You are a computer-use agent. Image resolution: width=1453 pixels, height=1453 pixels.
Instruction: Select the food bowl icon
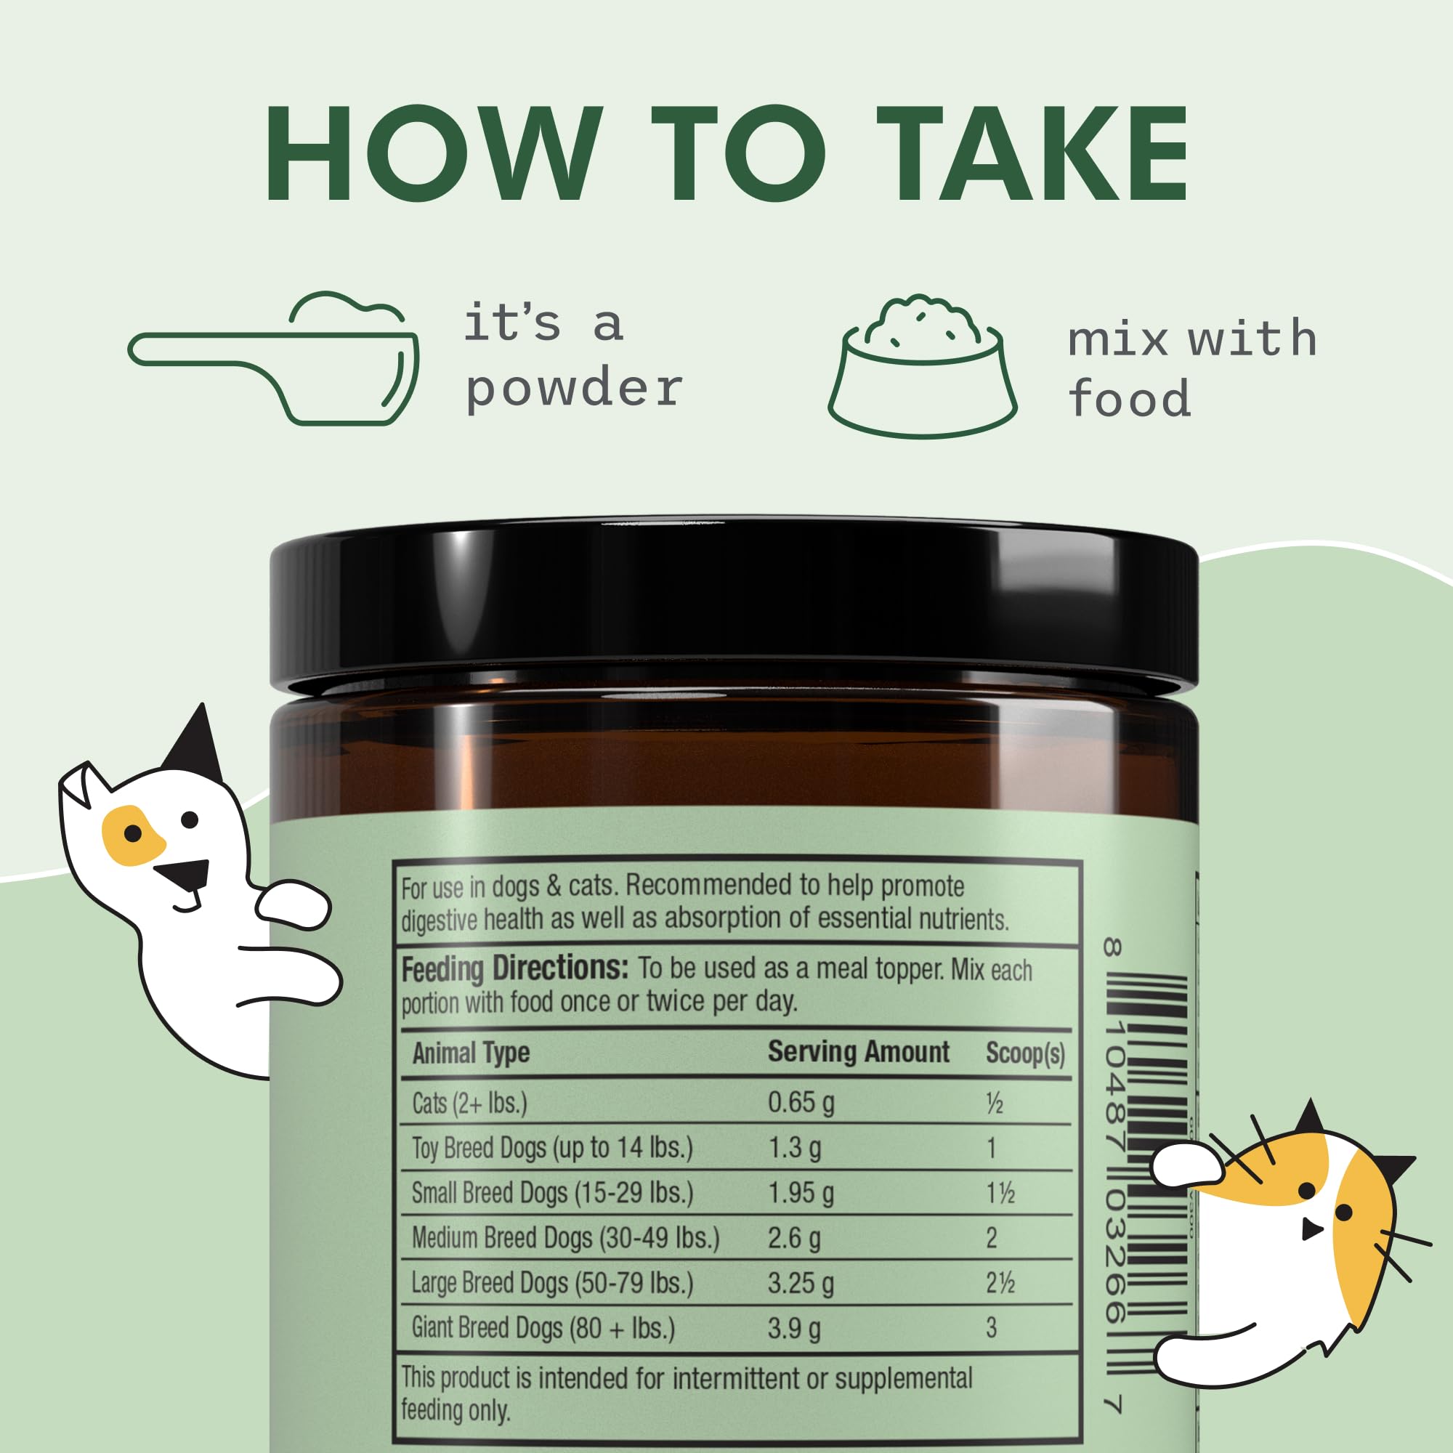click(922, 368)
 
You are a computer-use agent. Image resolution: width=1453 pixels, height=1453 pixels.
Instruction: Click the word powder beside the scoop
click(573, 389)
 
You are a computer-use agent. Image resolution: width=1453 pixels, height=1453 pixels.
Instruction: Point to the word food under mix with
click(1129, 399)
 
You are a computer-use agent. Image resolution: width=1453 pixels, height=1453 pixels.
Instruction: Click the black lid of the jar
click(733, 602)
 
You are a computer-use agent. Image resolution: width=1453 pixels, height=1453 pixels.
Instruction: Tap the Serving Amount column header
click(858, 1052)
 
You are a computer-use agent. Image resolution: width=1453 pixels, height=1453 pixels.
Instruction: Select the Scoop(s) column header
click(1025, 1053)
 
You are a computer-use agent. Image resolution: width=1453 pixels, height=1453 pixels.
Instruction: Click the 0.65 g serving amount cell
click(801, 1103)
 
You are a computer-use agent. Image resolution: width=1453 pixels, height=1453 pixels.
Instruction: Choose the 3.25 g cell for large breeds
click(801, 1283)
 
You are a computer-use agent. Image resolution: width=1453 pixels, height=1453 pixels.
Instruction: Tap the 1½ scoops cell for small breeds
click(1000, 1194)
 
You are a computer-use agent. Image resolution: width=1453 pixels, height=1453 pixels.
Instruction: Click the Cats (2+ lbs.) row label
click(469, 1104)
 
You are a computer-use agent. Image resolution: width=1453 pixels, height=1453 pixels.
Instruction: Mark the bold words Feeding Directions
click(514, 969)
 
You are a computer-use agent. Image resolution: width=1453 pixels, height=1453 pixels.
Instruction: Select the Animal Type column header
click(471, 1053)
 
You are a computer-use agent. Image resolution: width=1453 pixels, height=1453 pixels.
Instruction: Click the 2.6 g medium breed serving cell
click(793, 1238)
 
